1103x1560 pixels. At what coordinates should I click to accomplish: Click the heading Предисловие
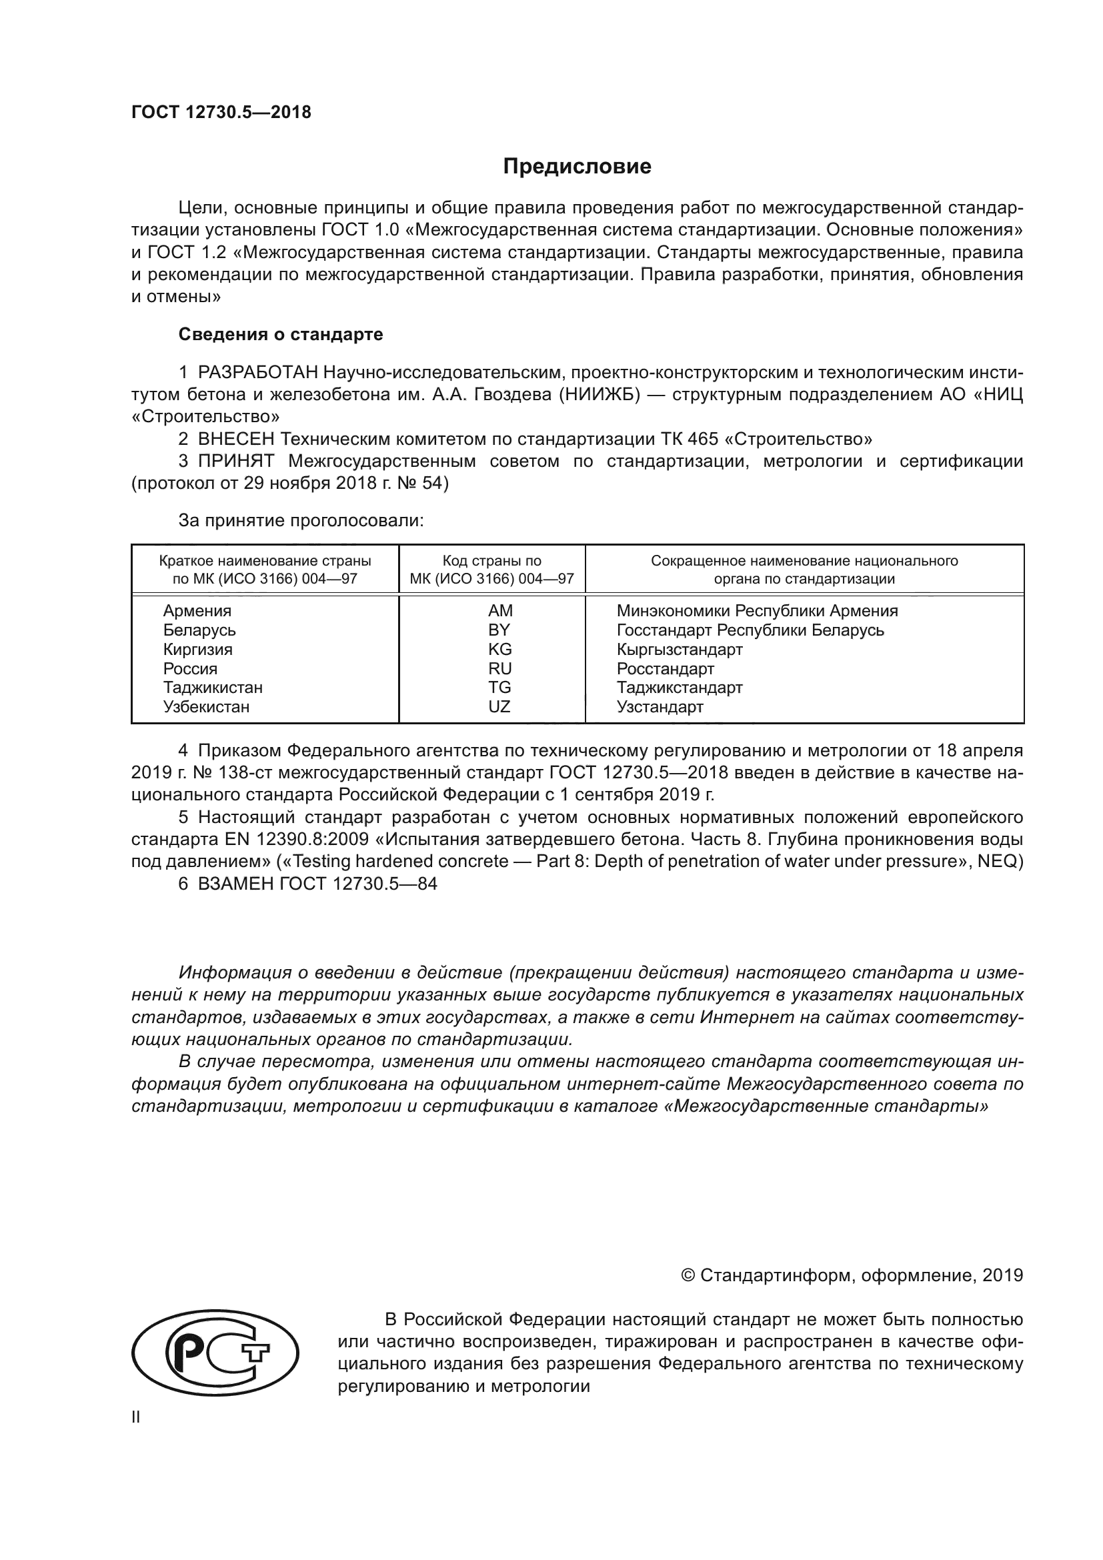coord(577,167)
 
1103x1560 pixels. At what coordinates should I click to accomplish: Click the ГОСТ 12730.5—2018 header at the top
coord(221,112)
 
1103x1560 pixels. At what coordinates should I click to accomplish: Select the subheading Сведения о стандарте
coord(281,334)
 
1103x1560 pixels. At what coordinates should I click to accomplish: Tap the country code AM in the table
coord(500,610)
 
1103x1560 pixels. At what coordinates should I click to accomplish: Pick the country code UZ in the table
coord(499,706)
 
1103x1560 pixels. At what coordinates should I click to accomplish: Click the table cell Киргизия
coord(197,649)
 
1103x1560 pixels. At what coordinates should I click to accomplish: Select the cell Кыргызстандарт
coord(679,649)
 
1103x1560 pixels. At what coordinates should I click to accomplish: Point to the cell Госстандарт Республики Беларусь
coord(750,630)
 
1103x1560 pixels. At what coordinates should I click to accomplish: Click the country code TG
coord(499,687)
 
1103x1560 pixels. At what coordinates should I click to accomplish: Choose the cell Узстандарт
coord(660,706)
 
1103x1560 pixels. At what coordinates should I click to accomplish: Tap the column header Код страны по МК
coord(491,570)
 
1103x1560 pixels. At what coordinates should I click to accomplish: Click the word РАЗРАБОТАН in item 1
coord(257,372)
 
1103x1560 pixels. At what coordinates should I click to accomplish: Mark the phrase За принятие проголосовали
coord(301,520)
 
